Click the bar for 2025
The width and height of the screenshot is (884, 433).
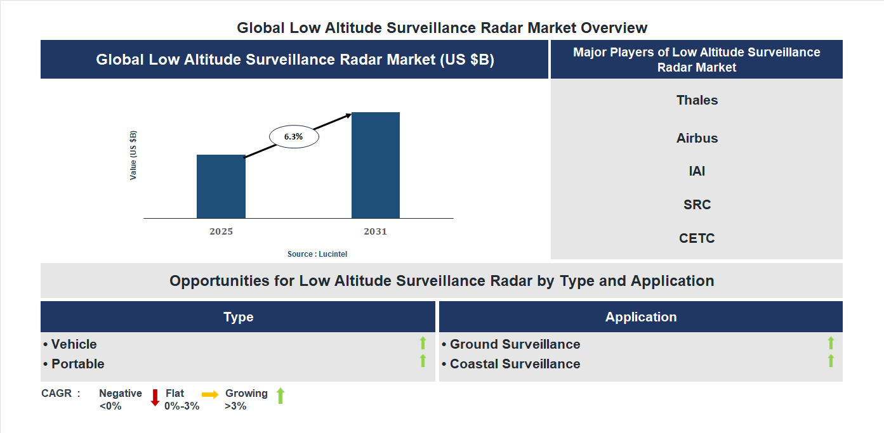tap(221, 186)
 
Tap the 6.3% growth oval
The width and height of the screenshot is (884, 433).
tap(294, 136)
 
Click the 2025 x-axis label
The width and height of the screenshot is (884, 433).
tap(221, 231)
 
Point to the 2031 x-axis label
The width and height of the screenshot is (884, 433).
tap(375, 231)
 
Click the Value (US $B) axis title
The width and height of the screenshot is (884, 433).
tap(133, 155)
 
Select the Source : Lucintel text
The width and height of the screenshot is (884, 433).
tap(317, 254)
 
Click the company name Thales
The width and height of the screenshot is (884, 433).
tap(697, 100)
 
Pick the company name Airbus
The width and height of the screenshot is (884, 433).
tap(697, 138)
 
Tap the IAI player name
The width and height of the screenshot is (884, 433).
tap(697, 171)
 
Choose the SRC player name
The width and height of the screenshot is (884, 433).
tap(697, 205)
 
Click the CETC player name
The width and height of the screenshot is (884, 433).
tap(697, 238)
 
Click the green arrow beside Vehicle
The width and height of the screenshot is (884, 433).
tap(423, 343)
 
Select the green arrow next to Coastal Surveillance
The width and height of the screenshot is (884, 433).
tap(831, 361)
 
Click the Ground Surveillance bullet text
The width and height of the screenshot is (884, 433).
tap(515, 344)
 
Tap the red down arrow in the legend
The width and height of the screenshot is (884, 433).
tap(155, 397)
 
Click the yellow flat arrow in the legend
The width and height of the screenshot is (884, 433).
tap(210, 394)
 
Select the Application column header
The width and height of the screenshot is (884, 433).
tap(641, 317)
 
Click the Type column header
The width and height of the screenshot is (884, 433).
tap(238, 317)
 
